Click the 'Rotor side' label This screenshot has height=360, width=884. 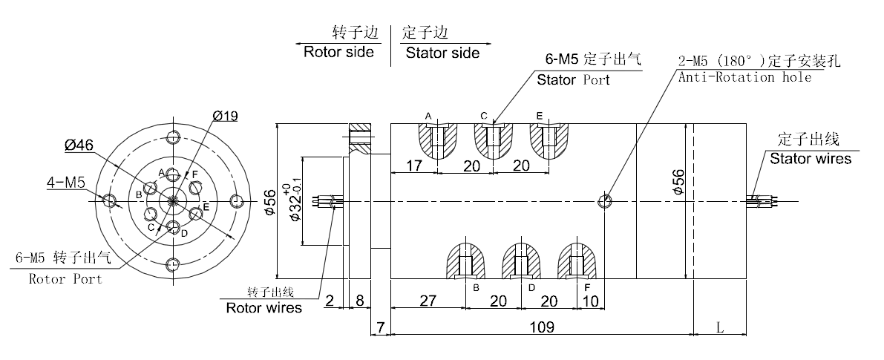pyautogui.click(x=338, y=53)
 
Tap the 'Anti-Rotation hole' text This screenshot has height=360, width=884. pyautogui.click(x=744, y=76)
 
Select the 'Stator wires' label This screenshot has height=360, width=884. pyautogui.click(x=811, y=158)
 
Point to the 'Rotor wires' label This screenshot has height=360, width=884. pyautogui.click(x=264, y=307)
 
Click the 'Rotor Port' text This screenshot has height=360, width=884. pyautogui.click(x=65, y=279)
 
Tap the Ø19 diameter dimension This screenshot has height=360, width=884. pyautogui.click(x=224, y=116)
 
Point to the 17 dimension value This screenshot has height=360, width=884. pyautogui.click(x=414, y=166)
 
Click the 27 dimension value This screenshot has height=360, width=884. pyautogui.click(x=427, y=301)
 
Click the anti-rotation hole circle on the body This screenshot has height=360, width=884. pyautogui.click(x=606, y=200)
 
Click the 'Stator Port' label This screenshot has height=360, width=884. pyautogui.click(x=573, y=79)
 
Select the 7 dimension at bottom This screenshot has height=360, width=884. pyautogui.click(x=379, y=327)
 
